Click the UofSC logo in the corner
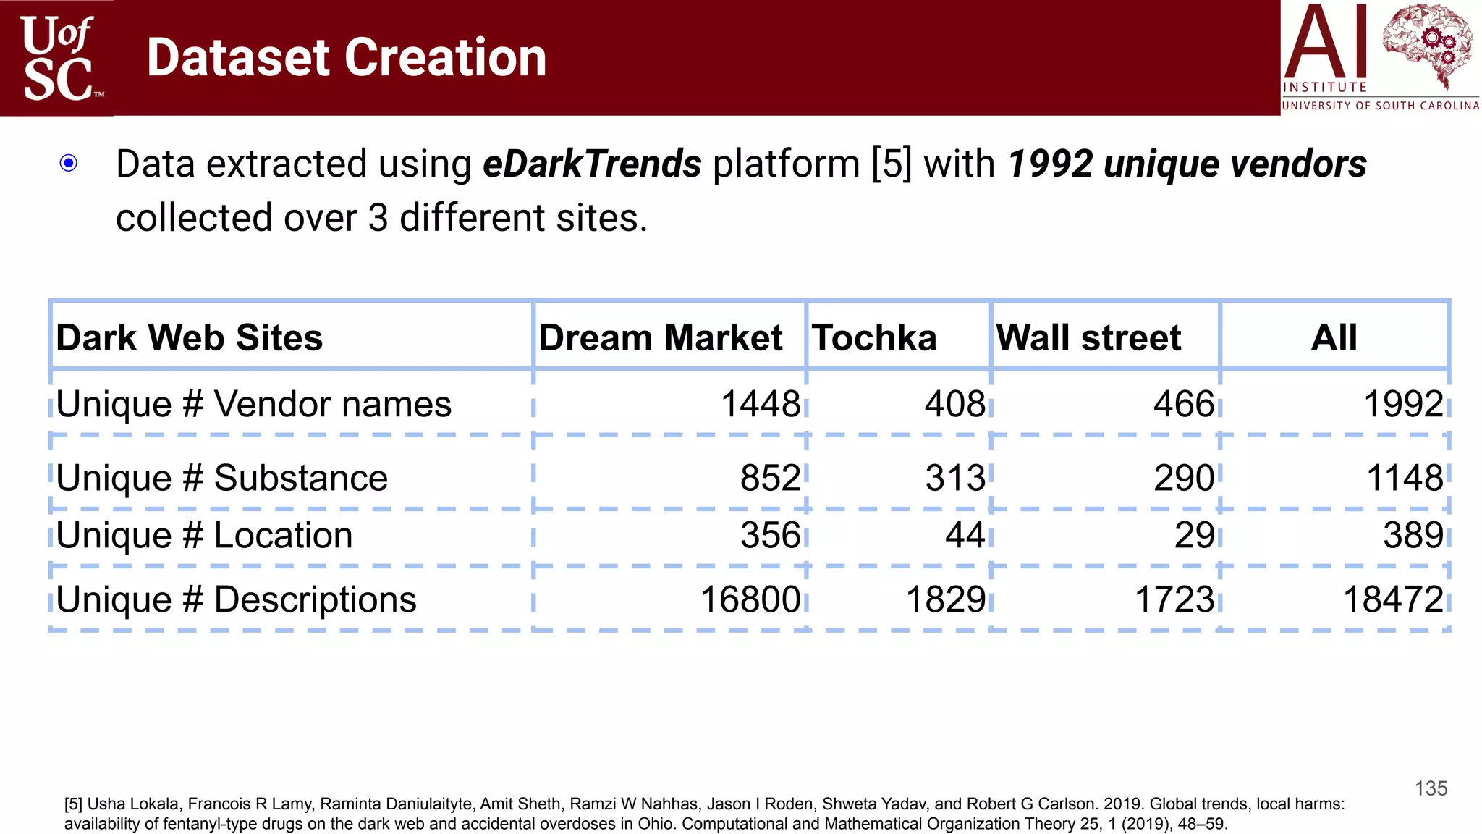58,58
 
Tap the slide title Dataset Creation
346,58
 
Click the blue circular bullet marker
69,163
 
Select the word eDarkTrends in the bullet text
592,164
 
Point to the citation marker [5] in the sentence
892,164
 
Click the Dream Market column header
660,337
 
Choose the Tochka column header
874,337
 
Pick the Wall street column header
1088,337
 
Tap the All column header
1334,337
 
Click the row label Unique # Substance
221,478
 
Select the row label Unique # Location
204,536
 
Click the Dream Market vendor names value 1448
761,403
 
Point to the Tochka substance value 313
955,478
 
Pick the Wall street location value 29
1194,536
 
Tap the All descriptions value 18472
1393,599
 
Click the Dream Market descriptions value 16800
750,599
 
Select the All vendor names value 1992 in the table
1403,403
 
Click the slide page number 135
1431,788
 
